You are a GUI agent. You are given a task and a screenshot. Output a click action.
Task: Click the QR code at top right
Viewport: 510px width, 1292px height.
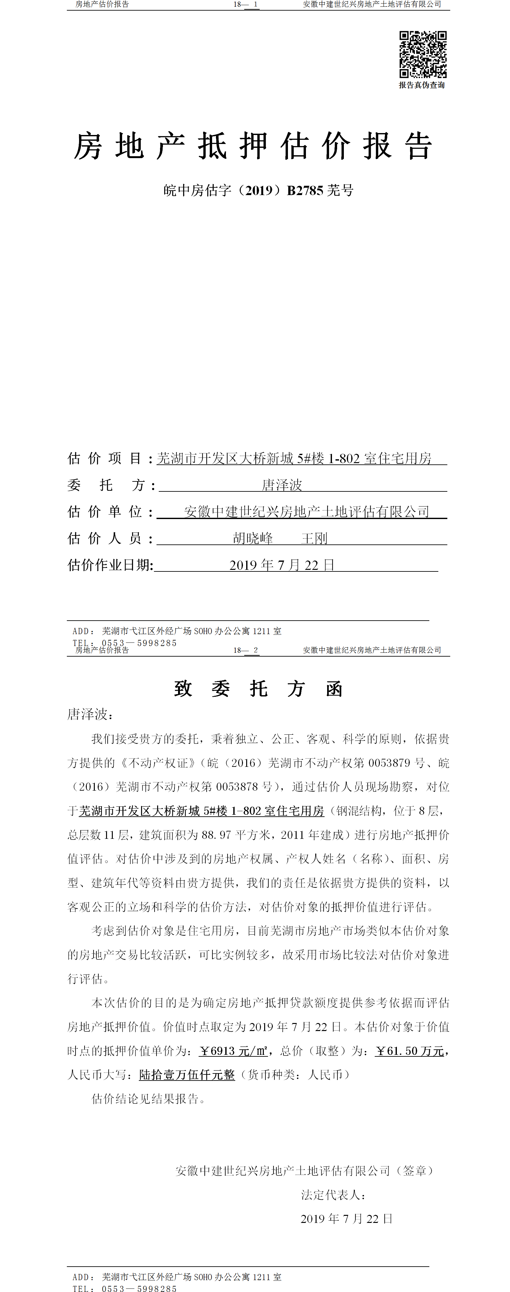tap(423, 54)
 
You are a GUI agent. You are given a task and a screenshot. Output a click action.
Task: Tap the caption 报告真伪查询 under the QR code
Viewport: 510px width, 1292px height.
tap(422, 85)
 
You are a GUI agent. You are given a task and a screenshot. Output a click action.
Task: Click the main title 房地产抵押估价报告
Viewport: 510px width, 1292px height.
tap(253, 147)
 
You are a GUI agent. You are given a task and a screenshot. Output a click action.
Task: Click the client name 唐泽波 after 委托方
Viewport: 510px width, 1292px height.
tap(282, 485)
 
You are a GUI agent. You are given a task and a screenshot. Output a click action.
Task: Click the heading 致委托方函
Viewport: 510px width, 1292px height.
tap(258, 689)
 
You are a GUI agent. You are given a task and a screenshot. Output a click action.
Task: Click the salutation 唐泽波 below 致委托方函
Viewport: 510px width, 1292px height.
tap(87, 714)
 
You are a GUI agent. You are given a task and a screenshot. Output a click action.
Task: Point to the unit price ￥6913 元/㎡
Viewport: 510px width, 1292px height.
tap(233, 1051)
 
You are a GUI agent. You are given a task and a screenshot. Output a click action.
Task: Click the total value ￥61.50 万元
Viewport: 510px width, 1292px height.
tap(410, 1051)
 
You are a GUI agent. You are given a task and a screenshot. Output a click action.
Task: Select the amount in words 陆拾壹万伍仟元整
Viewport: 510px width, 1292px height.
tap(187, 1075)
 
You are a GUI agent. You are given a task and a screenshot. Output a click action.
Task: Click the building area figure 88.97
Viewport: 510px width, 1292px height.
tap(216, 835)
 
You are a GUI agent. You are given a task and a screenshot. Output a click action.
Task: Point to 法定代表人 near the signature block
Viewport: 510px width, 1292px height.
tap(331, 1195)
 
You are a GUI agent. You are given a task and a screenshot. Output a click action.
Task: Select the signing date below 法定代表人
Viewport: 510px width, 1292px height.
tap(346, 1219)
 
